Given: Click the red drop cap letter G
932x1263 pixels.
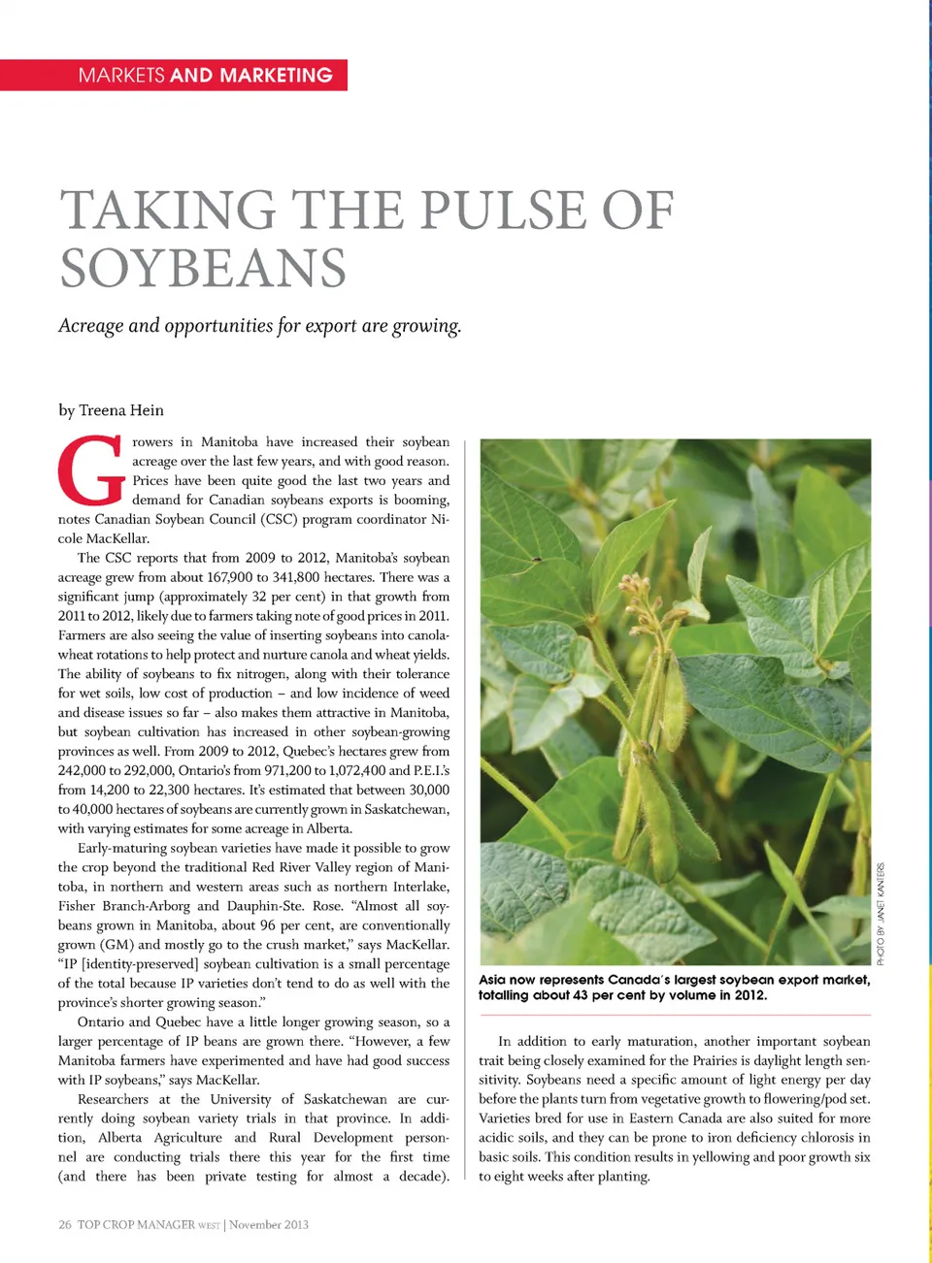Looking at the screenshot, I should (x=91, y=471).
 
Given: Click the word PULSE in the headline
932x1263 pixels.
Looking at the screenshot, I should (x=500, y=210).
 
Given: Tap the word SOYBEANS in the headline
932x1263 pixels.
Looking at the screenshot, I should (x=203, y=269).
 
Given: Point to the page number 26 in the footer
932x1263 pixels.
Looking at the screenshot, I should (x=64, y=1225).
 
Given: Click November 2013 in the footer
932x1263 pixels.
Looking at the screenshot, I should (x=269, y=1225).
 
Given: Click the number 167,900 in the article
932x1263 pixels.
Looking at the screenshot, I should (x=230, y=577).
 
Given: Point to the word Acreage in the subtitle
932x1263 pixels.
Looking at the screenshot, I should (x=91, y=326).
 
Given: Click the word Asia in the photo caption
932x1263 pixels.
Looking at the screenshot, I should (x=492, y=980).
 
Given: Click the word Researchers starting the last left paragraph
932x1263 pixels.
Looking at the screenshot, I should (x=113, y=1099).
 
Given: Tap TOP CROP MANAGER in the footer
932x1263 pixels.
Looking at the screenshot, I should (x=136, y=1225).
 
